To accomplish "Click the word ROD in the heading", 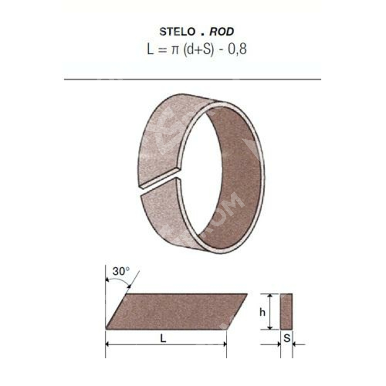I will coord(222,32).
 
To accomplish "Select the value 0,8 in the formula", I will coord(238,50).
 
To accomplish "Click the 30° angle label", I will coord(121,271).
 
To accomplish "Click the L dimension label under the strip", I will coord(163,339).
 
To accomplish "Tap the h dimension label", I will coord(262,313).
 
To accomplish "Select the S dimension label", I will coord(286,339).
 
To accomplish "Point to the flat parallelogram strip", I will coord(176,312).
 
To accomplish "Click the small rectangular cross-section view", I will coord(286,312).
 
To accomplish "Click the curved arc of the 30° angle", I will coord(122,282).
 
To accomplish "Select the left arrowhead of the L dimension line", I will coord(108,344).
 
